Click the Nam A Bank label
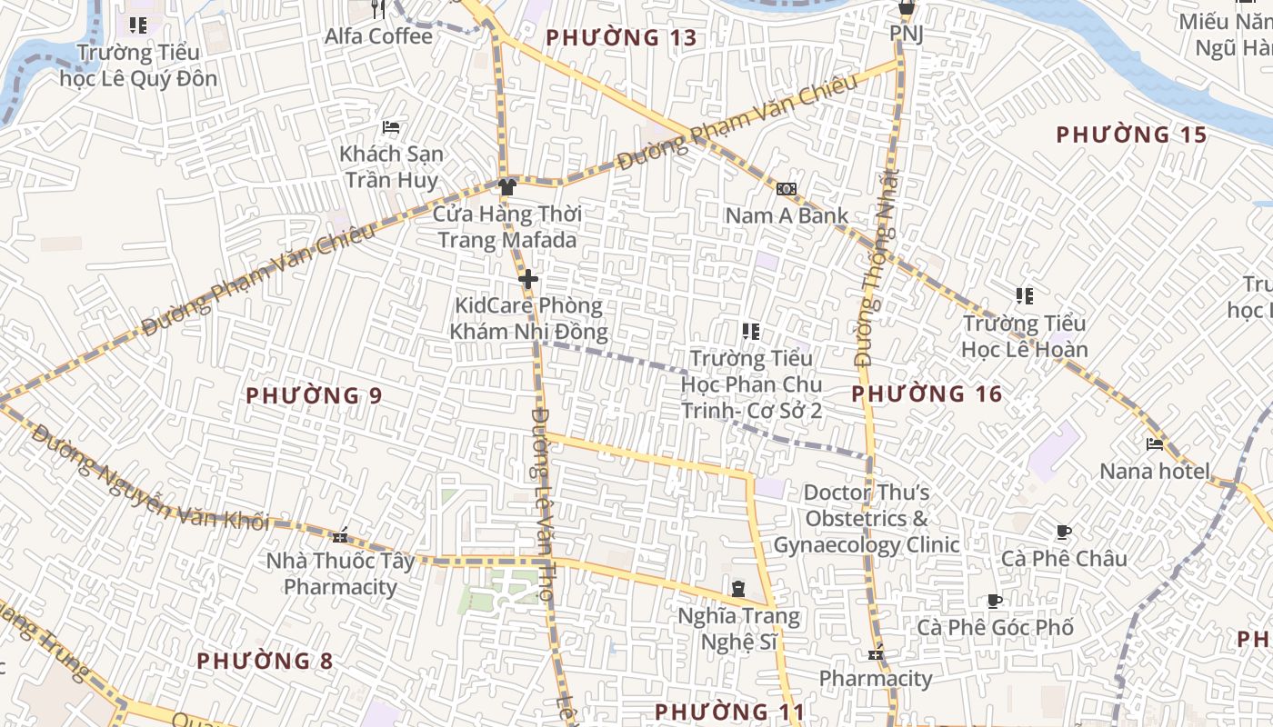tap(787, 216)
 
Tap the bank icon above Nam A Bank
tap(787, 189)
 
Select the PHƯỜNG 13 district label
tap(621, 38)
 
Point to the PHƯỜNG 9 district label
tap(314, 396)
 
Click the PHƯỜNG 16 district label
tap(927, 394)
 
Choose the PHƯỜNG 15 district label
tap(1131, 135)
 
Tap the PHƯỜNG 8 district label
tap(266, 661)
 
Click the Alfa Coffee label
tap(379, 36)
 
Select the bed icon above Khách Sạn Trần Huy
tap(391, 127)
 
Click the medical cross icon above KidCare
tap(528, 279)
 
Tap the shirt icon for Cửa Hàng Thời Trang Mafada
tap(507, 187)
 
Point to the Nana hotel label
tap(1155, 471)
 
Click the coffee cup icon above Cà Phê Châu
tap(1063, 533)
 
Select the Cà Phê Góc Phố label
tap(995, 628)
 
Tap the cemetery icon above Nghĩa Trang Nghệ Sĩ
tap(738, 589)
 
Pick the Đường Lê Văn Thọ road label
tap(543, 504)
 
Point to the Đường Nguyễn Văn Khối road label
tap(150, 477)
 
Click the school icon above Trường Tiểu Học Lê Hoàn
tap(1025, 296)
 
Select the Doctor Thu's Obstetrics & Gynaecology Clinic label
tap(867, 519)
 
